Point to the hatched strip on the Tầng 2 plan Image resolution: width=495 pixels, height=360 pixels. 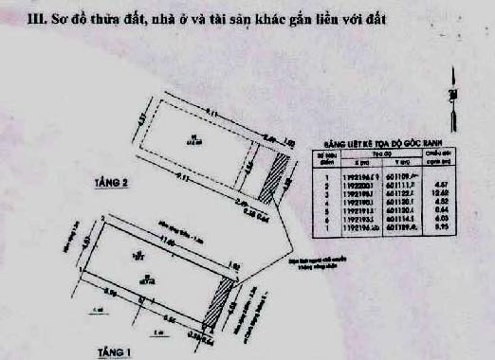point(276,175)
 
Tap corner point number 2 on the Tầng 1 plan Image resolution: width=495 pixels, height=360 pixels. point(101,217)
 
